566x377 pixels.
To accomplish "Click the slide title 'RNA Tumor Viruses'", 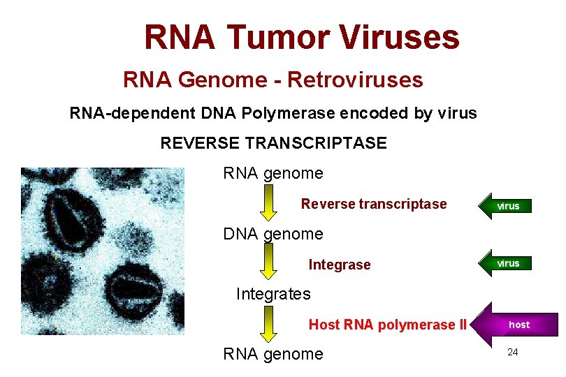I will tap(302, 37).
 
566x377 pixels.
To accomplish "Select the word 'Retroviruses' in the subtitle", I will tap(355, 80).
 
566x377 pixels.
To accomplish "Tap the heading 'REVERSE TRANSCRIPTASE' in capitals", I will tap(273, 143).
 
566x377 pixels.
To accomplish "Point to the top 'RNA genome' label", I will tap(273, 173).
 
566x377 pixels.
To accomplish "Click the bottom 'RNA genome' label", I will tap(273, 354).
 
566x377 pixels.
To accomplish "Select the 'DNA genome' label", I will tap(273, 234).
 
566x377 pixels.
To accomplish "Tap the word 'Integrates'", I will tap(273, 294).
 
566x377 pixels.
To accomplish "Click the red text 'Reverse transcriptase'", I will tap(373, 204).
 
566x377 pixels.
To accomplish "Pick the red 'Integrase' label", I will tap(340, 265).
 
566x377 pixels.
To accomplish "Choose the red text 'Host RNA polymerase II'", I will tap(387, 325).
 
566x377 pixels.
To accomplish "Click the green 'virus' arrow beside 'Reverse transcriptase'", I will tap(505, 206).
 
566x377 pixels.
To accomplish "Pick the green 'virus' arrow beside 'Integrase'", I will tap(505, 263).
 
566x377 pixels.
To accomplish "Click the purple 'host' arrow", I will tap(515, 325).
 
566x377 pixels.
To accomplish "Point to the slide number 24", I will tap(512, 352).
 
